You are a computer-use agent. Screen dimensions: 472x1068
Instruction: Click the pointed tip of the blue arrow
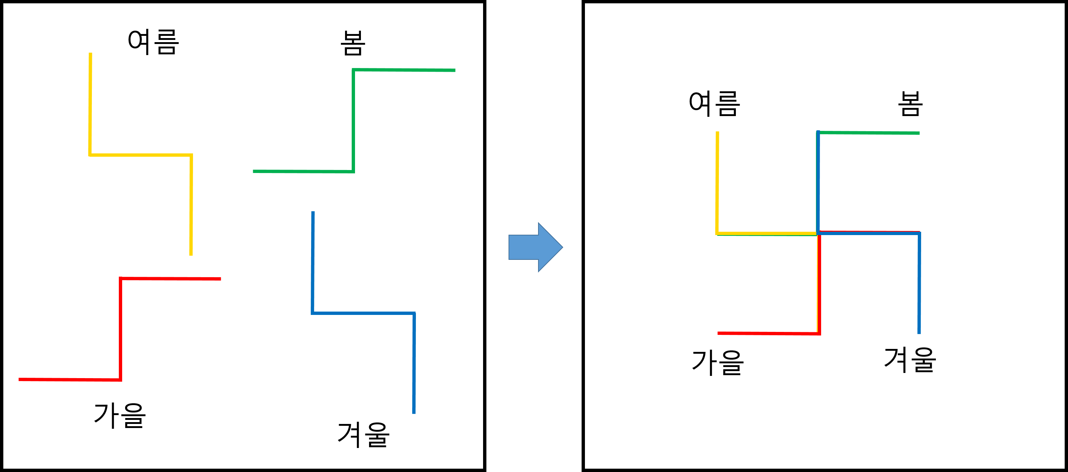tap(563, 247)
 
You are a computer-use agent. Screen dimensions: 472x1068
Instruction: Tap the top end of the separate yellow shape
tap(90, 54)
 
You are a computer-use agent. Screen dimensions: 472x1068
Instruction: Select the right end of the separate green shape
tap(454, 70)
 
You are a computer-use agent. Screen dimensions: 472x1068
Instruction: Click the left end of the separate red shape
tap(20, 379)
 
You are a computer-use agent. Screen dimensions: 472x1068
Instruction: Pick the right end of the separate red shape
tap(220, 279)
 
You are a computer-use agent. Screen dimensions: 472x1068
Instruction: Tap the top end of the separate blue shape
tap(313, 212)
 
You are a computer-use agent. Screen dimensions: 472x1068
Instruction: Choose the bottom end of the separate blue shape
tap(414, 412)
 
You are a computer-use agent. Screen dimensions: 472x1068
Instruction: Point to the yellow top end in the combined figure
tap(717, 132)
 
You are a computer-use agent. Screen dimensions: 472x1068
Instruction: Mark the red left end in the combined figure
tap(719, 333)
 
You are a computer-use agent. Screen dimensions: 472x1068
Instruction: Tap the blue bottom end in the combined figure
tap(919, 333)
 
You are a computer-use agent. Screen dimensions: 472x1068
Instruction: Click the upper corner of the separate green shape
tap(353, 70)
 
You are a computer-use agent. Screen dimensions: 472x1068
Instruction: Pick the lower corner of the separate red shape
tap(120, 380)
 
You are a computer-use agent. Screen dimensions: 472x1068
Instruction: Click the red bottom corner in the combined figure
tap(819, 333)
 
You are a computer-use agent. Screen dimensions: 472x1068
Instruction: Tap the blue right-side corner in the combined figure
tap(919, 233)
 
